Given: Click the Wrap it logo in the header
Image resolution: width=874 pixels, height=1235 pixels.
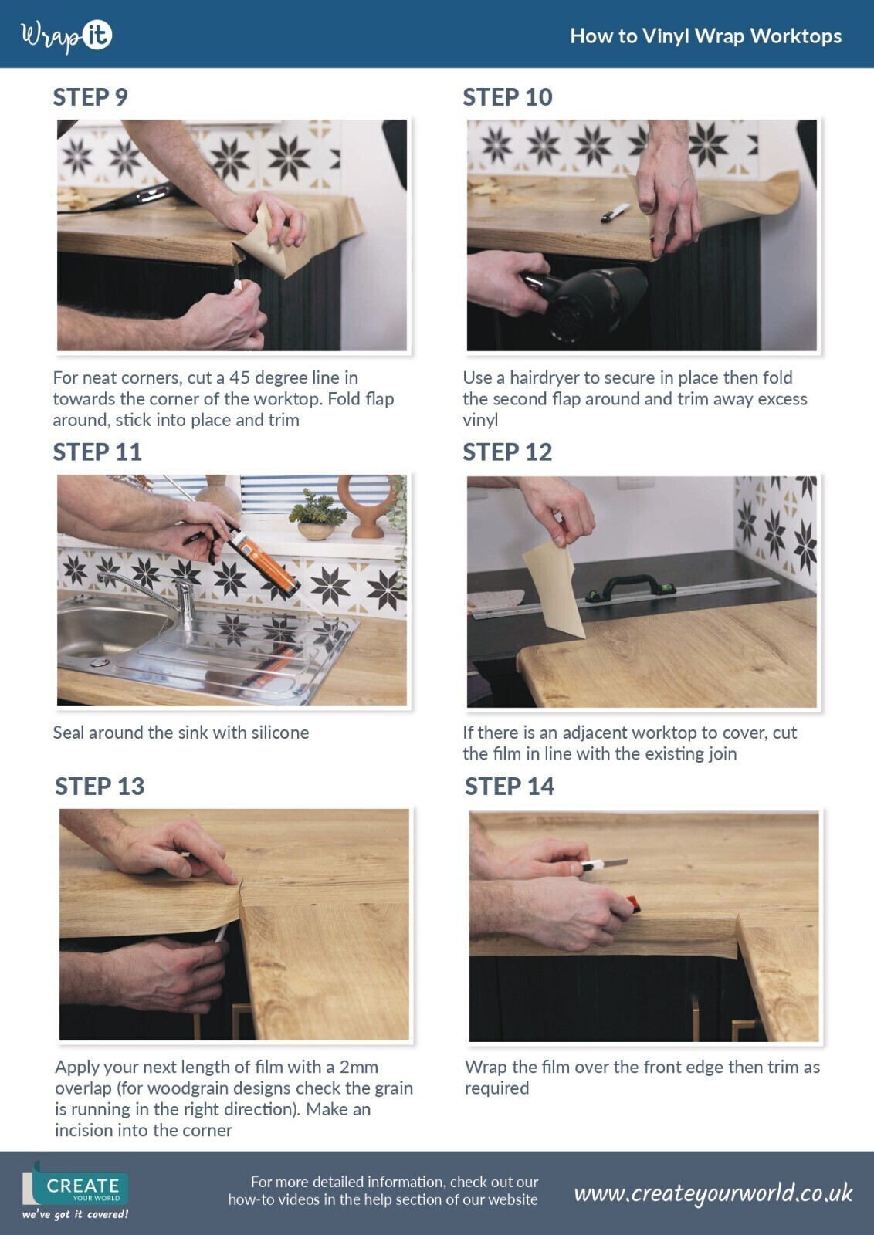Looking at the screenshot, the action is point(66,37).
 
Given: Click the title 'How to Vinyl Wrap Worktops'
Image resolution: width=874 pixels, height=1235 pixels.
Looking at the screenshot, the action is point(706,36).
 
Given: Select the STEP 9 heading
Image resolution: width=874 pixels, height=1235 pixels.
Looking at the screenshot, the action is point(90,97).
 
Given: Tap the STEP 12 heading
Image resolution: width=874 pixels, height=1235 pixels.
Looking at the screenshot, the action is point(507,452).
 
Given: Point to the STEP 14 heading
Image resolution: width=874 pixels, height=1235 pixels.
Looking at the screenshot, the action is point(510,787).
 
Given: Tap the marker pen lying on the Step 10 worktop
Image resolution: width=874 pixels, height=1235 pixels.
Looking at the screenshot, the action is point(615,212).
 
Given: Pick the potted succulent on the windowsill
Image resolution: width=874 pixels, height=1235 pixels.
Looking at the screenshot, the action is point(317,516).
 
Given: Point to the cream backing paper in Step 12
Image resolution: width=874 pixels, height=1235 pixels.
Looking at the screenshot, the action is point(551,590).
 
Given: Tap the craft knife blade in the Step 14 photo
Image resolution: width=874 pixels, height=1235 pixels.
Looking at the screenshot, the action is point(613,862).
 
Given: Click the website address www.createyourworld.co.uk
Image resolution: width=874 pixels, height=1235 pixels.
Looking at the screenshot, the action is point(713,1193).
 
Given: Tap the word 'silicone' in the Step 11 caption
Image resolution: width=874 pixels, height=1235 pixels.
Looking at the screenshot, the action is point(280,733).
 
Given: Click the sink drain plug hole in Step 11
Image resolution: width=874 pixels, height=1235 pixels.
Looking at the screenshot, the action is point(100,662).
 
